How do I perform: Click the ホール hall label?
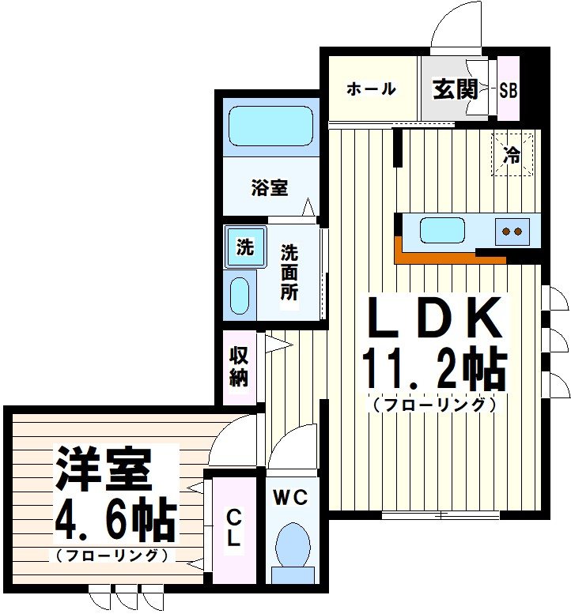click(370, 89)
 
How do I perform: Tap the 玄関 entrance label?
click(454, 89)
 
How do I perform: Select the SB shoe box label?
click(509, 89)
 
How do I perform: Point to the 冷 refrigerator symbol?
click(512, 155)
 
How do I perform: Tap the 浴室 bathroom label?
click(269, 188)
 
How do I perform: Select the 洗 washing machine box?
click(245, 247)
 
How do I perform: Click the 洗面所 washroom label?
click(289, 273)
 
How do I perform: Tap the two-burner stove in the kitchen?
click(512, 231)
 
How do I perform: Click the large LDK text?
click(434, 321)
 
